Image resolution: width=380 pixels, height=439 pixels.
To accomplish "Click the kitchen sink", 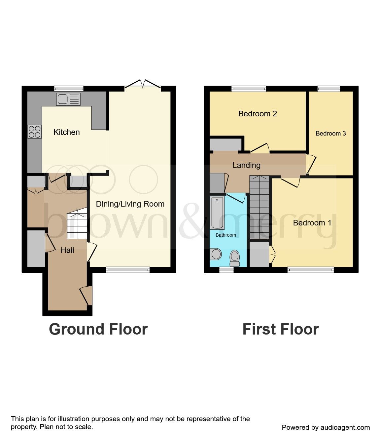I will (68, 99).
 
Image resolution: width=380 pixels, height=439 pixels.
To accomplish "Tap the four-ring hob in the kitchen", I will (35, 132).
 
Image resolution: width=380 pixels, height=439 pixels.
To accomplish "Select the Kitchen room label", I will (67, 132).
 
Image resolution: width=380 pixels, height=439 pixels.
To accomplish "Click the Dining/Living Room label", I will (130, 204).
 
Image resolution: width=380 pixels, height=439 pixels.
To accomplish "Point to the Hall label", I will (67, 250).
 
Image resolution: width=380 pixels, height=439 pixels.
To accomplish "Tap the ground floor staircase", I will (77, 225).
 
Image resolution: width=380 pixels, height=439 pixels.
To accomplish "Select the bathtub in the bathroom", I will (217, 213).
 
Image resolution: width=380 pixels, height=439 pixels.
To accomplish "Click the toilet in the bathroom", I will (235, 258).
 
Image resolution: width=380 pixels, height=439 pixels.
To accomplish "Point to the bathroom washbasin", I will (216, 254).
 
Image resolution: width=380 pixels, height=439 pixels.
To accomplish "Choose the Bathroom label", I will (226, 235).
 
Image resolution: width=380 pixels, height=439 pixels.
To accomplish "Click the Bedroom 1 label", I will (312, 223).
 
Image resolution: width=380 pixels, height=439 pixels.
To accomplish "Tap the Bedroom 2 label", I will (258, 114).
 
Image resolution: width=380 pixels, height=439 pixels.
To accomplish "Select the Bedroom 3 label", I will (330, 133).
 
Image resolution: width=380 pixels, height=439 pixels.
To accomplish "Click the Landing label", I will (246, 165).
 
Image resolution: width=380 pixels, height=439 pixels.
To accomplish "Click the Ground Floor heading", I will (98, 329).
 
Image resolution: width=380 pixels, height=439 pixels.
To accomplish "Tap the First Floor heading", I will (280, 329).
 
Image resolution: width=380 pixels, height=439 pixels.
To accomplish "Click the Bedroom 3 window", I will (328, 88).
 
